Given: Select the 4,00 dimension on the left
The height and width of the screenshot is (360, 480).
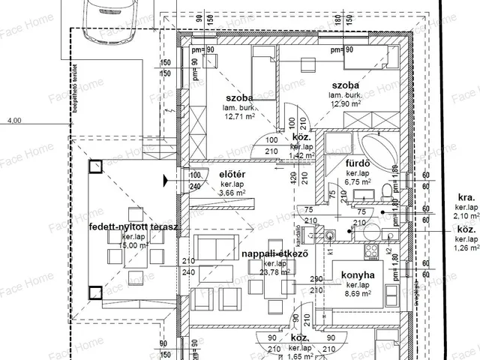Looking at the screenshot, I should click(15, 118).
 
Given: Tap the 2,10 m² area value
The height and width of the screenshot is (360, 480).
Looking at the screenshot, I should click(466, 216).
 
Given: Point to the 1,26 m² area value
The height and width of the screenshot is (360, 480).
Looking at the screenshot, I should click(466, 247).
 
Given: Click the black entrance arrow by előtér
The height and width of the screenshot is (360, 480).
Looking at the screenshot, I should click(166, 179).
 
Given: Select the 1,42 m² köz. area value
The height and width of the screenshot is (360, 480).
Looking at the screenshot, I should click(300, 157).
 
